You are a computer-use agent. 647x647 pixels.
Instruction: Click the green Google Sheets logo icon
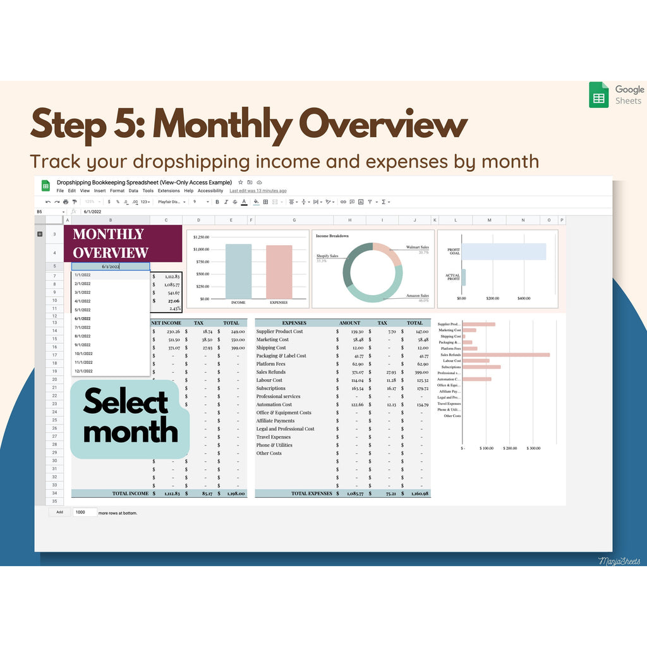598,95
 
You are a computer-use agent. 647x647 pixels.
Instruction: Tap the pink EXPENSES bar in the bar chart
279,272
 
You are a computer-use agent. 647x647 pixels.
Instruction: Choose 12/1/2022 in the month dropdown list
83,371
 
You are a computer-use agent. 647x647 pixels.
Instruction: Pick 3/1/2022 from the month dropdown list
83,293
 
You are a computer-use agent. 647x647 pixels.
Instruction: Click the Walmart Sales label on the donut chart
417,248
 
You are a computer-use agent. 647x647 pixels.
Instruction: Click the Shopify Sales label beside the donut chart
327,256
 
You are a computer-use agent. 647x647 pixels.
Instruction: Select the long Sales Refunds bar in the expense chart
505,355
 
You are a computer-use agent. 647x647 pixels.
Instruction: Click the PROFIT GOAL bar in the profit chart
504,251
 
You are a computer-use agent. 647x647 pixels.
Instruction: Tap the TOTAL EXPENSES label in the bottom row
311,493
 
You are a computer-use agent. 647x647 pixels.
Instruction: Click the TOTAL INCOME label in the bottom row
130,493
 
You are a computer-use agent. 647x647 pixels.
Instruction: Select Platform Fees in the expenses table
270,364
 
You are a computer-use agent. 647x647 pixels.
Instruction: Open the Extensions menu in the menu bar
169,191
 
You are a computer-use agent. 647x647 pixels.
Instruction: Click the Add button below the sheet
59,512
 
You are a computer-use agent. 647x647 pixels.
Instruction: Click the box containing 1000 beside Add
85,512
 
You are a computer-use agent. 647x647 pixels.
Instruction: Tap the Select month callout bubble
130,417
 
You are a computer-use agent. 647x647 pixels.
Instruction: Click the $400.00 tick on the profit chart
523,298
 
